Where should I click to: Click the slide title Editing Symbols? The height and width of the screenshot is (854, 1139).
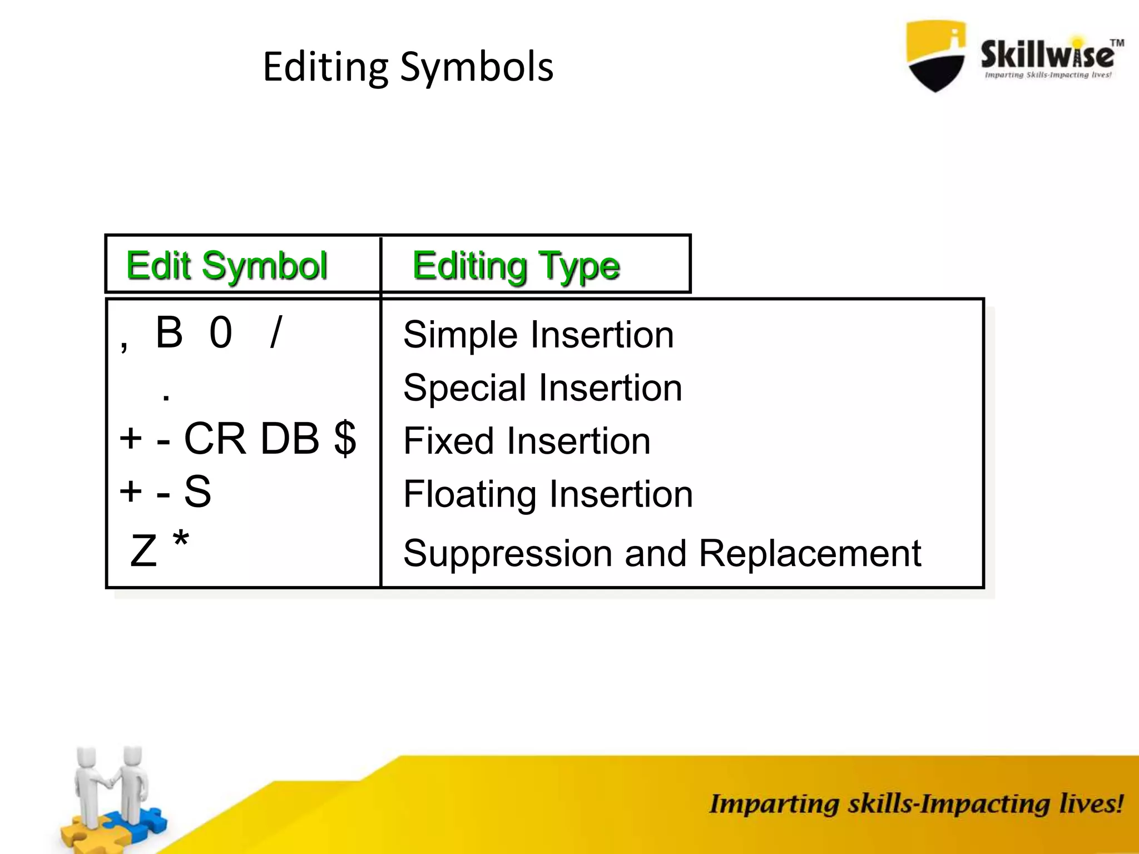[408, 67]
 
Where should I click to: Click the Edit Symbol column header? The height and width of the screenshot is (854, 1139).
[226, 266]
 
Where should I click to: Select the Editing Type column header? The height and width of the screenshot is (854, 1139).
[516, 266]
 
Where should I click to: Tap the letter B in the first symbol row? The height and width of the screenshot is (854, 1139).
[169, 332]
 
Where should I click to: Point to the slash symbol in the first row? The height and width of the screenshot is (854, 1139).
[276, 332]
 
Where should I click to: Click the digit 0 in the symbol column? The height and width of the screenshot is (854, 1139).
[221, 333]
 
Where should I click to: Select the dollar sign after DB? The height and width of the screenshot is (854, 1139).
[345, 439]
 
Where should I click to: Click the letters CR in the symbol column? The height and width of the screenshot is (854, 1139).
[215, 439]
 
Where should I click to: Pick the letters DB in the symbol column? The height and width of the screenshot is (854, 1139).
[290, 439]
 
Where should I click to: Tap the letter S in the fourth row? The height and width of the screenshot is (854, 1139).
[197, 491]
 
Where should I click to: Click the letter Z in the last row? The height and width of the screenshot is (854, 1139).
[143, 550]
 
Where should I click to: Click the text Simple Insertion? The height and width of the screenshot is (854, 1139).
[538, 335]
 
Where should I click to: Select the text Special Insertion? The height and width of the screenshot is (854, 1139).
[542, 388]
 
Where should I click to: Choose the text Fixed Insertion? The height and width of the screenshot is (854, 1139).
[526, 441]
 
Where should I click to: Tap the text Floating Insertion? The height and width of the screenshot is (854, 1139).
[548, 494]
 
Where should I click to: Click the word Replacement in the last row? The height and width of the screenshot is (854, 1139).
[809, 553]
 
